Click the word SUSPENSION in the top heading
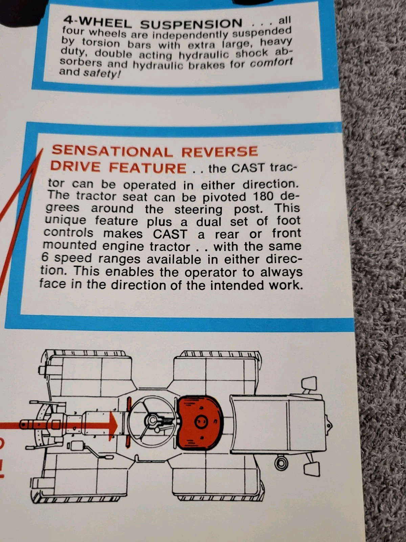click(191, 24)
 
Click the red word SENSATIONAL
click(112, 151)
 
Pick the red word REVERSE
click(220, 151)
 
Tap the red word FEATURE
click(148, 168)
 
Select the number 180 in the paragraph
click(263, 196)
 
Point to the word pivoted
click(224, 197)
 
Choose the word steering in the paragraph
click(199, 210)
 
